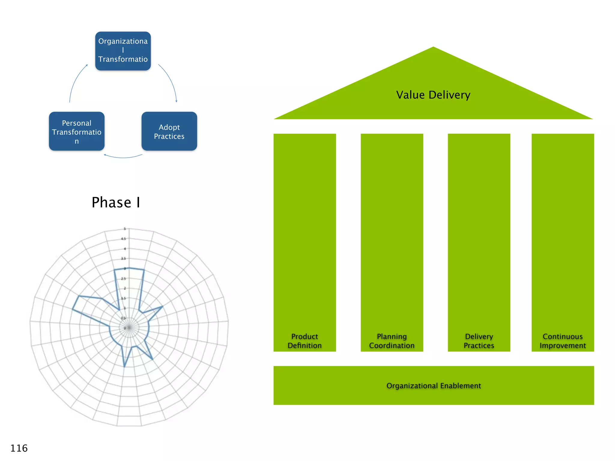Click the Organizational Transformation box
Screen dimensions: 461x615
[x=123, y=51]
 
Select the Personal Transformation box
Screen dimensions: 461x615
[x=77, y=131]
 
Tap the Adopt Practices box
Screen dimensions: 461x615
[x=169, y=131]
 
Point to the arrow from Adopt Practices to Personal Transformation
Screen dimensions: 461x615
[x=123, y=157]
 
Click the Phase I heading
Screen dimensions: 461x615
[x=116, y=202]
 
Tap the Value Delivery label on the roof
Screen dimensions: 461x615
[x=433, y=95]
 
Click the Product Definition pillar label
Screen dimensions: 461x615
[x=304, y=341]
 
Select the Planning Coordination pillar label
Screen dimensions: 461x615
[x=392, y=341]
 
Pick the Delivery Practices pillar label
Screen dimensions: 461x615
[x=479, y=341]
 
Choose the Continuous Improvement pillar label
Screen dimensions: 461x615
[x=562, y=341]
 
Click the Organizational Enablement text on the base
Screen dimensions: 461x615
[x=434, y=386]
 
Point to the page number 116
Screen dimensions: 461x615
[x=19, y=448]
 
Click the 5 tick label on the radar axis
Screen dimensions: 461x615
[x=125, y=229]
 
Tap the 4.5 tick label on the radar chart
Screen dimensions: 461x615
[x=123, y=239]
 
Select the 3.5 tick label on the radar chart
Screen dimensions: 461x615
[x=123, y=259]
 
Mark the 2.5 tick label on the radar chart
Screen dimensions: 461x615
[x=123, y=279]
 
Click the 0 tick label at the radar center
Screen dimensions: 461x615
[x=125, y=328]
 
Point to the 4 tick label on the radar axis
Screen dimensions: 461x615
[x=125, y=249]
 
